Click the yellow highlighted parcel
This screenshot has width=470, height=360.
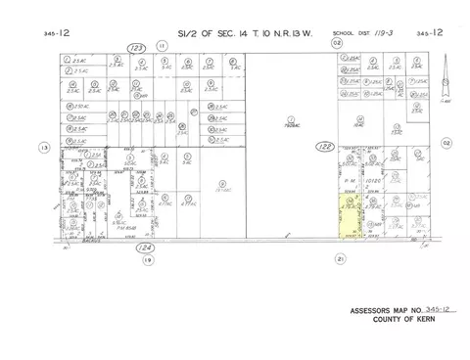[349, 217]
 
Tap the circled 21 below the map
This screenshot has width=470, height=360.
[340, 259]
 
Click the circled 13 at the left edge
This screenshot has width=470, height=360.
[42, 148]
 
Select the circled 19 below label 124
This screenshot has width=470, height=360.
[148, 261]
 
